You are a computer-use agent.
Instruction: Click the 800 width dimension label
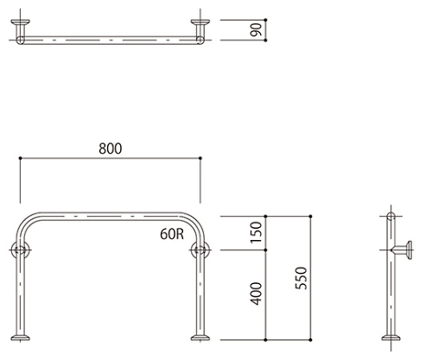point(111,148)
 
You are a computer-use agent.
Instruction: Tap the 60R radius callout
point(172,234)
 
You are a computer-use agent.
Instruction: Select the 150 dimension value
point(256,232)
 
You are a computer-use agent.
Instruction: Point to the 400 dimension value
point(256,294)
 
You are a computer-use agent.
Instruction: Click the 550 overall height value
point(302,278)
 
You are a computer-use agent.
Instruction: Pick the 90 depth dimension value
point(256,29)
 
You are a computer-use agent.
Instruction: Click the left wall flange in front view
point(20,249)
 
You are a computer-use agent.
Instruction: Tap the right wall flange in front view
point(200,249)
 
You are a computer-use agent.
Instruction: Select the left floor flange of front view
point(20,338)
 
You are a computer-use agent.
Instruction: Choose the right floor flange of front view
point(200,338)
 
